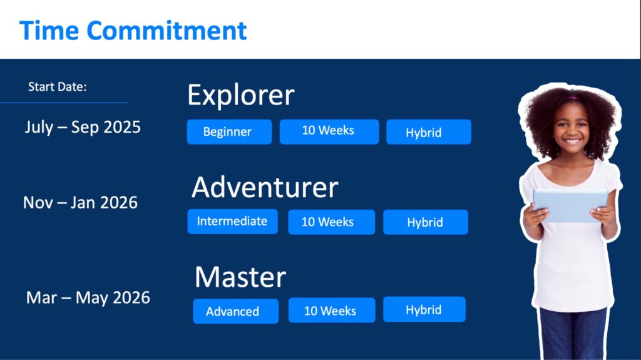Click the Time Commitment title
point(133,30)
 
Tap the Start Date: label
point(57,87)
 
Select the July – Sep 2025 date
point(83,127)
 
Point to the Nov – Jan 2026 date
point(80,202)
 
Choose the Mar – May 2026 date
point(88,297)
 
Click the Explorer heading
point(241,95)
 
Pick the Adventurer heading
point(265,187)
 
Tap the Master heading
point(240,277)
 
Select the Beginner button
point(229,131)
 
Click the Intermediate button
point(233,221)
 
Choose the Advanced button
point(236,311)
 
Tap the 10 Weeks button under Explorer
point(329,131)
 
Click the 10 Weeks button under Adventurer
point(332,222)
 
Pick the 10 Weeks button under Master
point(332,310)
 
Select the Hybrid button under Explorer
point(429,131)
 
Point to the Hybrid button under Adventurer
point(426,222)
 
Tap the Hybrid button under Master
point(424,309)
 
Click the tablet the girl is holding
point(570,205)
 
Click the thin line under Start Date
point(64,102)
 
